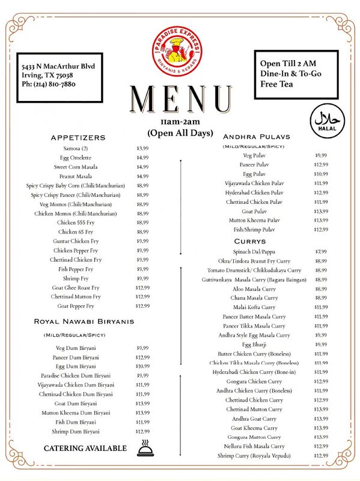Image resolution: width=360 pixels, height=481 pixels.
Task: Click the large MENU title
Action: (181, 99)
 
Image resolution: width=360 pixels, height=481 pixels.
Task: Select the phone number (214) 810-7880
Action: (48, 84)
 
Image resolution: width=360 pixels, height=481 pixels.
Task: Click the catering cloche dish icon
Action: (145, 448)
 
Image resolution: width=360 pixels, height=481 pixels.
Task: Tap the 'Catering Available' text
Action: (85, 449)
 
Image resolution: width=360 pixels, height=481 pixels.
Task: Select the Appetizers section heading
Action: (78, 138)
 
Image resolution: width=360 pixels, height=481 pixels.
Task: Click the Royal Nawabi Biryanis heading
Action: (84, 322)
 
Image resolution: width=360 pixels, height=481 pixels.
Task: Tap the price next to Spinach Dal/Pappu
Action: (322, 251)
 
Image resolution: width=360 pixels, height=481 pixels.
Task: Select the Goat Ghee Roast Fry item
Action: (76, 287)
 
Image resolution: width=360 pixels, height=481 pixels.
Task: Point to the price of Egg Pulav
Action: (322, 174)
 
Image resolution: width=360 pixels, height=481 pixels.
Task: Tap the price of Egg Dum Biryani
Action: (142, 366)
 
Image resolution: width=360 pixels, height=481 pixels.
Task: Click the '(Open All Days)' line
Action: (181, 132)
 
